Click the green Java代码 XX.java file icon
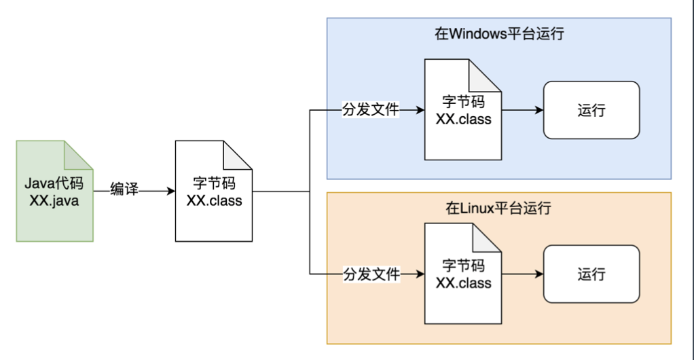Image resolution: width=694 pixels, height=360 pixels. tap(54, 192)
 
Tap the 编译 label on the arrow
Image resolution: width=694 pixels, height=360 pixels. tap(124, 189)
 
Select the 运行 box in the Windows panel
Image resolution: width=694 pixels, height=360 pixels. tap(591, 110)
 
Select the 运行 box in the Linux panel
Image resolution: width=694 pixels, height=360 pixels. tap(591, 274)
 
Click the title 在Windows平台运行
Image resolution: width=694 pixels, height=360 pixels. tap(499, 34)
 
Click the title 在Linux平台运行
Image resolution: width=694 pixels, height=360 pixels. tap(499, 208)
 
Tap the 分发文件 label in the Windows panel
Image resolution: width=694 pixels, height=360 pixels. tap(371, 109)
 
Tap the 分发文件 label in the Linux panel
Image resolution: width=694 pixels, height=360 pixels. tap(372, 274)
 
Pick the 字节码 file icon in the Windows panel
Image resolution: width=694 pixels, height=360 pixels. tap(463, 110)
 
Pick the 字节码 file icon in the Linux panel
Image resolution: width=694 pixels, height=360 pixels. tap(463, 274)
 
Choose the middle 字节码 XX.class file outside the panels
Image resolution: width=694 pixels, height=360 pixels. tap(214, 192)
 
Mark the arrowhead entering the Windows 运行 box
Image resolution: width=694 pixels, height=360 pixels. tap(539, 110)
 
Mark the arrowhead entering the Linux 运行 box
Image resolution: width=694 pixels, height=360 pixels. tap(539, 274)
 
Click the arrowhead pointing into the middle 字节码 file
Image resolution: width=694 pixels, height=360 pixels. tap(171, 192)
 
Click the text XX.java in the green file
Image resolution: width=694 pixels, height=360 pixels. tap(54, 200)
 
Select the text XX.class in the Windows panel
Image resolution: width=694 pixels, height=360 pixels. tap(463, 119)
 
